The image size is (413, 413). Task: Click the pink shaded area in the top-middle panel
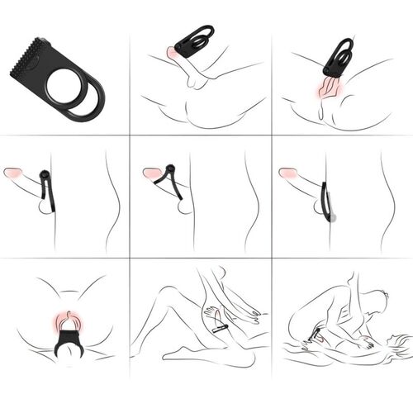pyautogui.click(x=174, y=53)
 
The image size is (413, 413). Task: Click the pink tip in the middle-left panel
pyautogui.click(x=14, y=174)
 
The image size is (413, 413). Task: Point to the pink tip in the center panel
pyautogui.click(x=152, y=174)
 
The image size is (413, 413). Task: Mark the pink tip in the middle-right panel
pyautogui.click(x=287, y=174)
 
